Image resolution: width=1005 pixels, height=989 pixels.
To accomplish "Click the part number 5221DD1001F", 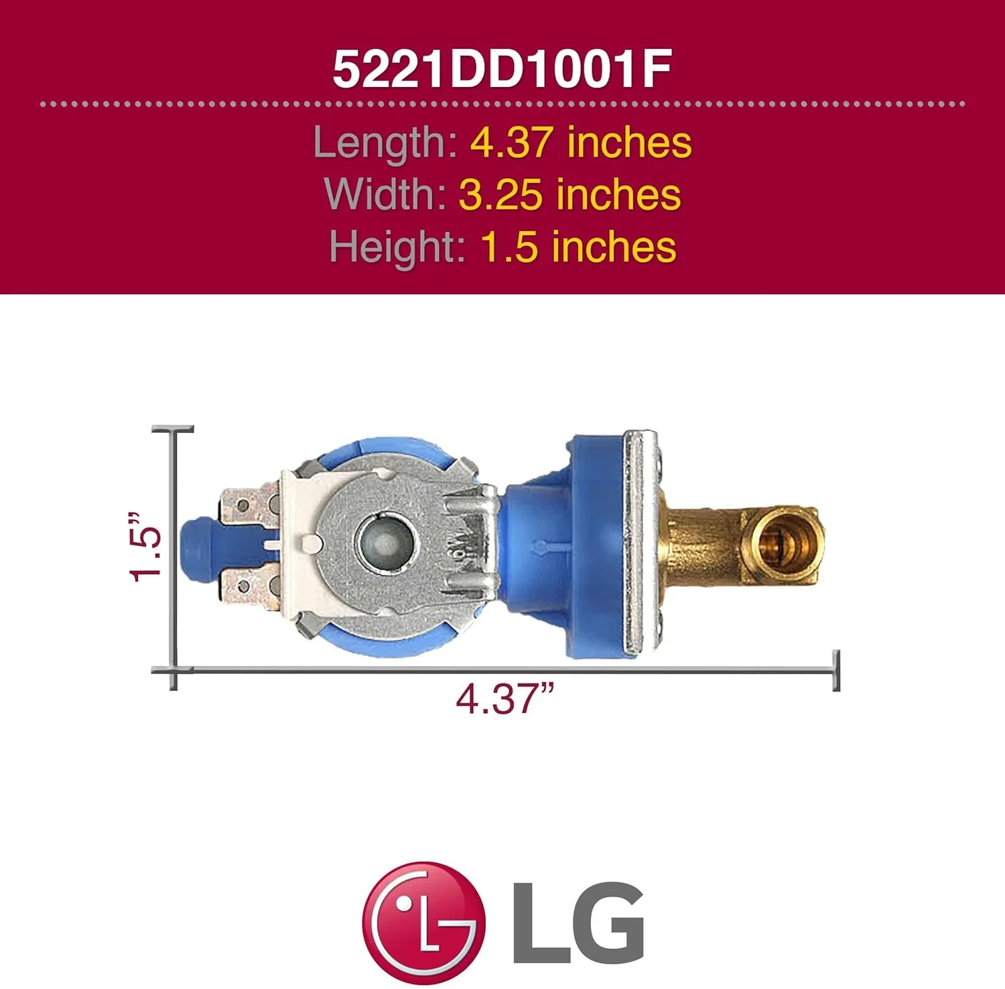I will pyautogui.click(x=502, y=70).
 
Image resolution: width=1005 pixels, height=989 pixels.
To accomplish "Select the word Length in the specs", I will pyautogui.click(x=385, y=143).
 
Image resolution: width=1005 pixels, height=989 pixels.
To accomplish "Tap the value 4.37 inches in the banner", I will pyautogui.click(x=580, y=143).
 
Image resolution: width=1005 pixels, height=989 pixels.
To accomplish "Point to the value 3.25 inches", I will pyautogui.click(x=569, y=194).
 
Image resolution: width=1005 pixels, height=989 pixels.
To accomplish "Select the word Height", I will pyautogui.click(x=397, y=247).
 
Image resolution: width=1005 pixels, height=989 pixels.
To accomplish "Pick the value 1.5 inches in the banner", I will pyautogui.click(x=578, y=247).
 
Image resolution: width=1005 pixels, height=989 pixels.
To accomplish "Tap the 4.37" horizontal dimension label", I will pyautogui.click(x=505, y=699).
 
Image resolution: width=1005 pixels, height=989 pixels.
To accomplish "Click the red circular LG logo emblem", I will pyautogui.click(x=423, y=922).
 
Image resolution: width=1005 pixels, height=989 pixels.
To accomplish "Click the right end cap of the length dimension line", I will pyautogui.click(x=835, y=670).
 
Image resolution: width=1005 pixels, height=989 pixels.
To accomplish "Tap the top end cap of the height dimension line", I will pyautogui.click(x=173, y=429).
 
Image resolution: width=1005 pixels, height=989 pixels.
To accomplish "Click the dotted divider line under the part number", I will pyautogui.click(x=502, y=104).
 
